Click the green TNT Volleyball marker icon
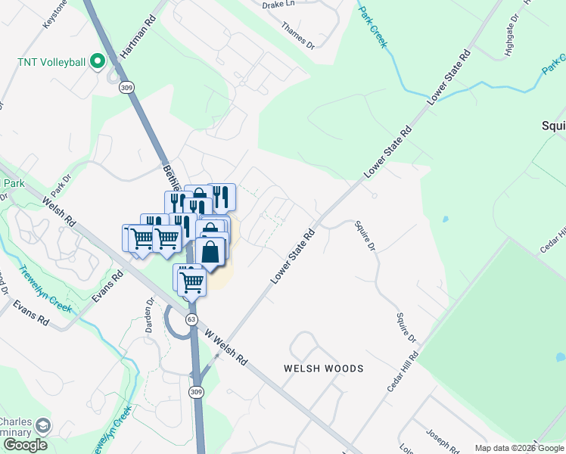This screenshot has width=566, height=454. point(97,61)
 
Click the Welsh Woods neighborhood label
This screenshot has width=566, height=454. point(323,368)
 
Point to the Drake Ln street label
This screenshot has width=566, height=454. point(278,5)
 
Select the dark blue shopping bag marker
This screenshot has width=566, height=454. point(211,252)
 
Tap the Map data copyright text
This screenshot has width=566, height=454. point(519,448)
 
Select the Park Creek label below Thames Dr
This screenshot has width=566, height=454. point(372,28)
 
